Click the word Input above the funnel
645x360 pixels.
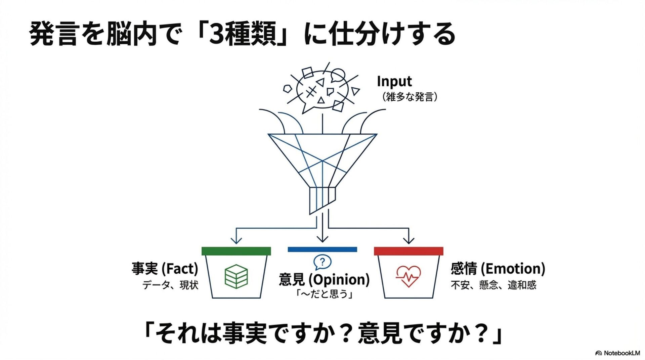tap(394, 81)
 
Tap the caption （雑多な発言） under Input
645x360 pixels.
tap(409, 97)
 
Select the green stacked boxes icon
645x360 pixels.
tap(236, 276)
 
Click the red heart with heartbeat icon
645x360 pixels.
tap(408, 276)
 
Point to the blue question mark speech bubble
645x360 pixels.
tap(322, 262)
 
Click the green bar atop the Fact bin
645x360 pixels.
tap(236, 251)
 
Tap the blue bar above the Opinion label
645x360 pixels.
tap(322, 250)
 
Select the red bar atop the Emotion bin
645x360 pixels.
tap(408, 251)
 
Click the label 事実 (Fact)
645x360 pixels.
tap(165, 269)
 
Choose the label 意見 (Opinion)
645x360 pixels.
tap(324, 279)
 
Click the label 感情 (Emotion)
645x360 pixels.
tap(498, 269)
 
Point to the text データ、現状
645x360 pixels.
tap(170, 285)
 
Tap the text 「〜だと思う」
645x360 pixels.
tap(324, 294)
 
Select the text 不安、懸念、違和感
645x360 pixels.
tap(493, 285)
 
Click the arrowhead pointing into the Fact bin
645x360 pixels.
tap(236, 240)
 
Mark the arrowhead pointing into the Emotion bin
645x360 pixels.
tap(408, 240)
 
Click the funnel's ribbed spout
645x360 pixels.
tap(322, 199)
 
